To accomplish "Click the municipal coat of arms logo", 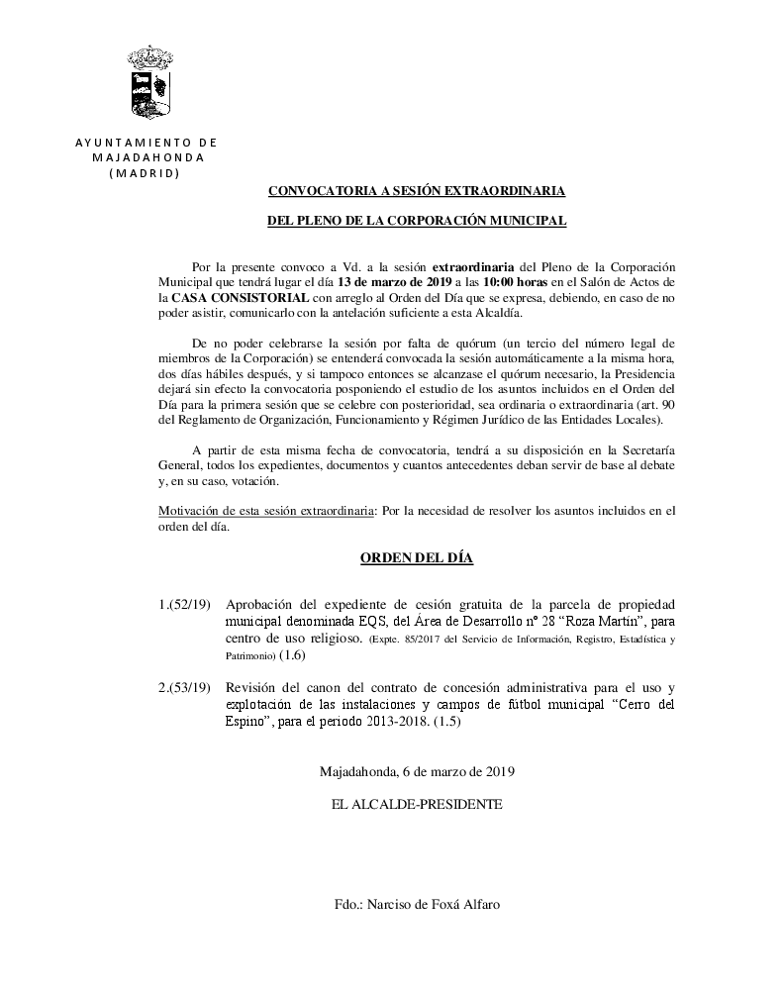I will pos(150,82).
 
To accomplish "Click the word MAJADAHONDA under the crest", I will pos(147,157).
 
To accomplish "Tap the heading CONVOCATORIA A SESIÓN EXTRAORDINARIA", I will pos(417,191).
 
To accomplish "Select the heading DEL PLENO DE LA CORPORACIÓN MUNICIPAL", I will pos(417,222).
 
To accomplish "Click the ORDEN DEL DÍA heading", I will pos(416,559).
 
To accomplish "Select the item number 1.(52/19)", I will pos(184,605).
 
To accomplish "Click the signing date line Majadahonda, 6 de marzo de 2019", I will pos(417,771).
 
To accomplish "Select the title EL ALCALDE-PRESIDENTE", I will pos(417,805).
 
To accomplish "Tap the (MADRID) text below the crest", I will pos(145,172).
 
